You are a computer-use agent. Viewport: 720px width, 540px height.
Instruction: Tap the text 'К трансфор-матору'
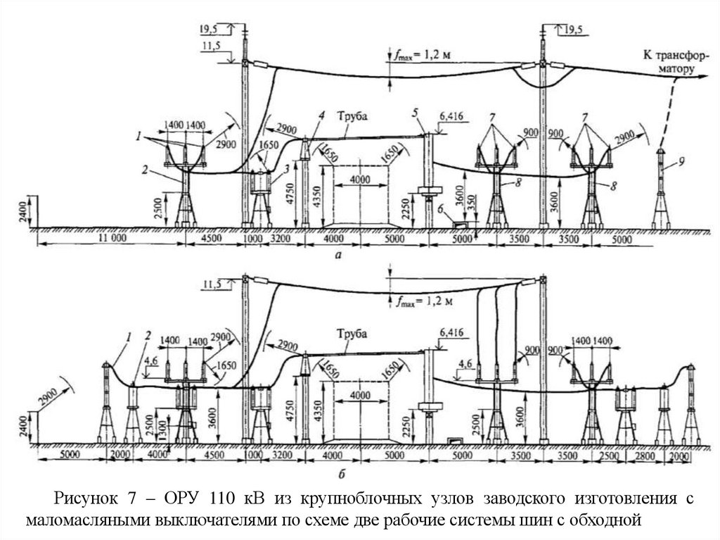tap(667, 62)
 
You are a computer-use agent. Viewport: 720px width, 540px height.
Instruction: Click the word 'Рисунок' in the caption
tap(81, 500)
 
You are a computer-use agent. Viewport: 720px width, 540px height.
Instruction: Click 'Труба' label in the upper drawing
tap(352, 115)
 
